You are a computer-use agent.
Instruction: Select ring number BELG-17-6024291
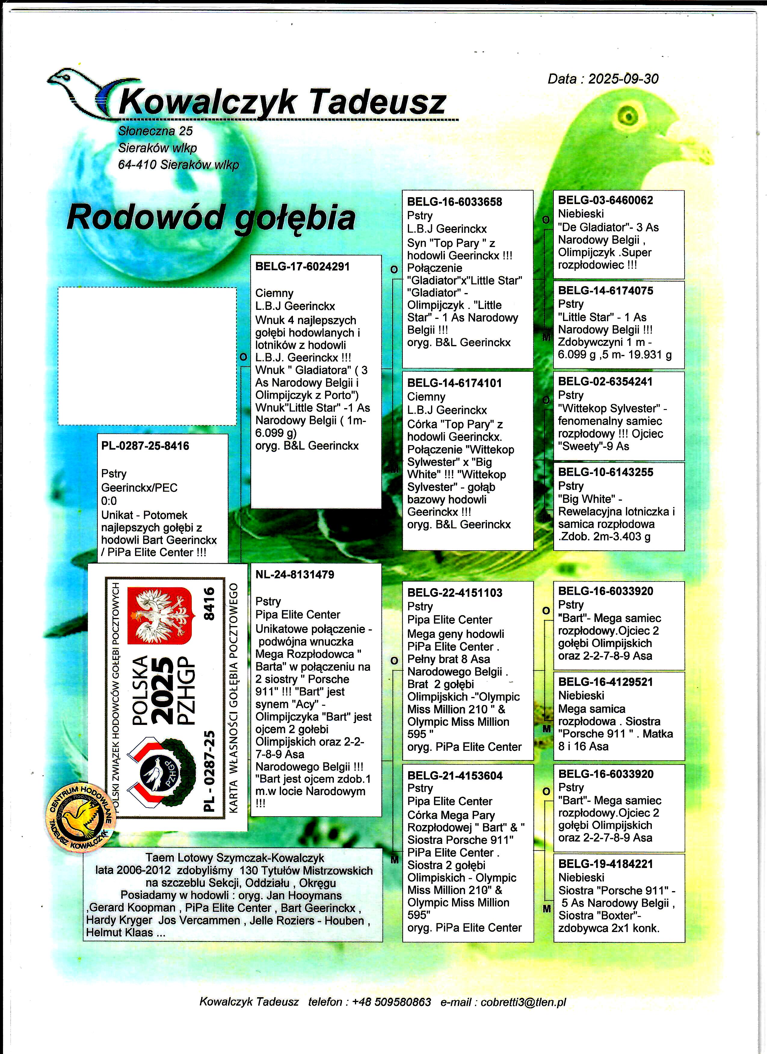pyautogui.click(x=302, y=267)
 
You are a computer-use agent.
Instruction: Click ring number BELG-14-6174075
pyautogui.click(x=605, y=291)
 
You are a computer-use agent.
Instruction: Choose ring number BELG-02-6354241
pyautogui.click(x=605, y=382)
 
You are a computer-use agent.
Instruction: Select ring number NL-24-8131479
pyautogui.click(x=295, y=574)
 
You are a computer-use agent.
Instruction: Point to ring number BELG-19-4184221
pyautogui.click(x=605, y=864)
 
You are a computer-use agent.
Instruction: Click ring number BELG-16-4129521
pyautogui.click(x=605, y=682)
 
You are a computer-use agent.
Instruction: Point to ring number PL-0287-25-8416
pyautogui.click(x=145, y=446)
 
